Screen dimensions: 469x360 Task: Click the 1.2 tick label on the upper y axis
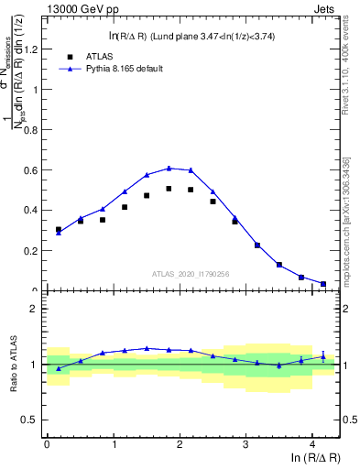tap(32, 49)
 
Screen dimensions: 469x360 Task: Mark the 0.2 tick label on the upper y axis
tap(32, 250)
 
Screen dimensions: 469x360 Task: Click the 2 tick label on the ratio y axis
tap(36, 309)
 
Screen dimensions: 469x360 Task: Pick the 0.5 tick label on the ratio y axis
tap(32, 420)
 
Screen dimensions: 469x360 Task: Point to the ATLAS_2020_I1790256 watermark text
tap(191, 273)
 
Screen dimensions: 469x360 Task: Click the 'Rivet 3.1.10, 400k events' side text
tap(351, 74)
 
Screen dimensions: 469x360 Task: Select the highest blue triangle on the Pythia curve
tap(169, 168)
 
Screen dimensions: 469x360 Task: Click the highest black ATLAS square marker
tap(169, 189)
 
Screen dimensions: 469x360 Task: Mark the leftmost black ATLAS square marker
tap(59, 230)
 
